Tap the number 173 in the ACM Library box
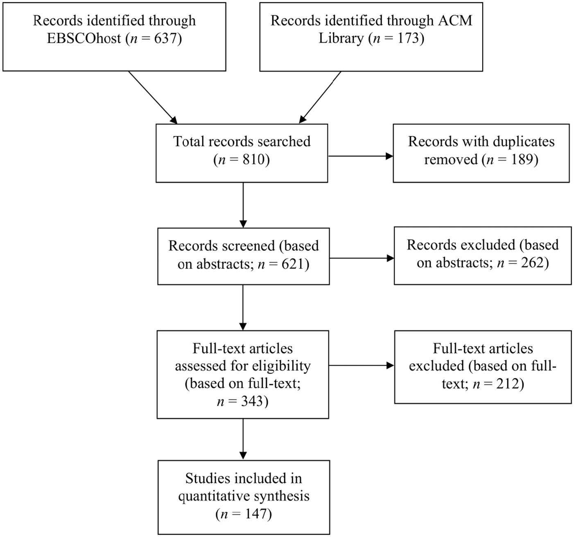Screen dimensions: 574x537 (407, 38)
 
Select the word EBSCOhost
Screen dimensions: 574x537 (84, 38)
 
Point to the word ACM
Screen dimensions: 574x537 (458, 20)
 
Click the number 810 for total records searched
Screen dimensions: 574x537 (254, 159)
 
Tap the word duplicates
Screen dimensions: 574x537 (523, 141)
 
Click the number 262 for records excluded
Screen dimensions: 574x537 (532, 263)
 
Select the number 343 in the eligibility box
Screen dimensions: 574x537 (252, 401)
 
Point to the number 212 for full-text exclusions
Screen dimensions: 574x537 (508, 384)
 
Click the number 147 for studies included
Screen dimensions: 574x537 (255, 514)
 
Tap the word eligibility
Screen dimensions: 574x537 (281, 366)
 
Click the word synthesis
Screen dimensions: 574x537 (278, 496)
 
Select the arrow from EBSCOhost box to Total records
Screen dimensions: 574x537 (153, 98)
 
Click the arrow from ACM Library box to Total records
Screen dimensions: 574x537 (320, 97)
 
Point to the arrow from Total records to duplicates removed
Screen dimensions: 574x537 (361, 156)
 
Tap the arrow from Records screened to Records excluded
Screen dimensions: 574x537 (362, 258)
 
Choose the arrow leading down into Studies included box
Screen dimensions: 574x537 (243, 439)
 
